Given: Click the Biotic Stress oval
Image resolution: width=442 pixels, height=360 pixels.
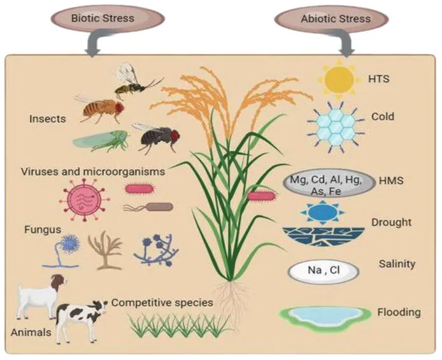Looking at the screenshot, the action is pyautogui.click(x=108, y=18).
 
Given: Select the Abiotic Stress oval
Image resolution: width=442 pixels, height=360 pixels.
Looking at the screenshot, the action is pyautogui.click(x=331, y=19).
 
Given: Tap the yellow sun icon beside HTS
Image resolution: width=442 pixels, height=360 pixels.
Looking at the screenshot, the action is pyautogui.click(x=339, y=79).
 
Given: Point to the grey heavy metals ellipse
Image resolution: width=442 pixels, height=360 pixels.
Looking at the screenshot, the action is pyautogui.click(x=329, y=184).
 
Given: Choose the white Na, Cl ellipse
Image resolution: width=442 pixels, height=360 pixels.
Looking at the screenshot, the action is pyautogui.click(x=324, y=271).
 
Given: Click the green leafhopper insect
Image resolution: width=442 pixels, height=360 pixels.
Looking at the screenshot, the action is pyautogui.click(x=101, y=140).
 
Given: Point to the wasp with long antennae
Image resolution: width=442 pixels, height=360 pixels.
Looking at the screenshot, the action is pyautogui.click(x=135, y=81).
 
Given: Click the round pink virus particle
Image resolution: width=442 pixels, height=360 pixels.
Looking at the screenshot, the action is pyautogui.click(x=85, y=199).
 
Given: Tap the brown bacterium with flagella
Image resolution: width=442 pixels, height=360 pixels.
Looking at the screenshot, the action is pyautogui.click(x=148, y=207).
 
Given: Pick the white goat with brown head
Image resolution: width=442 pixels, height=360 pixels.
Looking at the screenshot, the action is pyautogui.click(x=41, y=296).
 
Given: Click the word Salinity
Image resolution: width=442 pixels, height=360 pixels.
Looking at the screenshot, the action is pyautogui.click(x=397, y=264).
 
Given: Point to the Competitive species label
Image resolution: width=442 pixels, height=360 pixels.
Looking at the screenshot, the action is pyautogui.click(x=162, y=303).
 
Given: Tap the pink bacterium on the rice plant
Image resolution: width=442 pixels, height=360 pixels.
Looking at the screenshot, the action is pyautogui.click(x=261, y=195).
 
